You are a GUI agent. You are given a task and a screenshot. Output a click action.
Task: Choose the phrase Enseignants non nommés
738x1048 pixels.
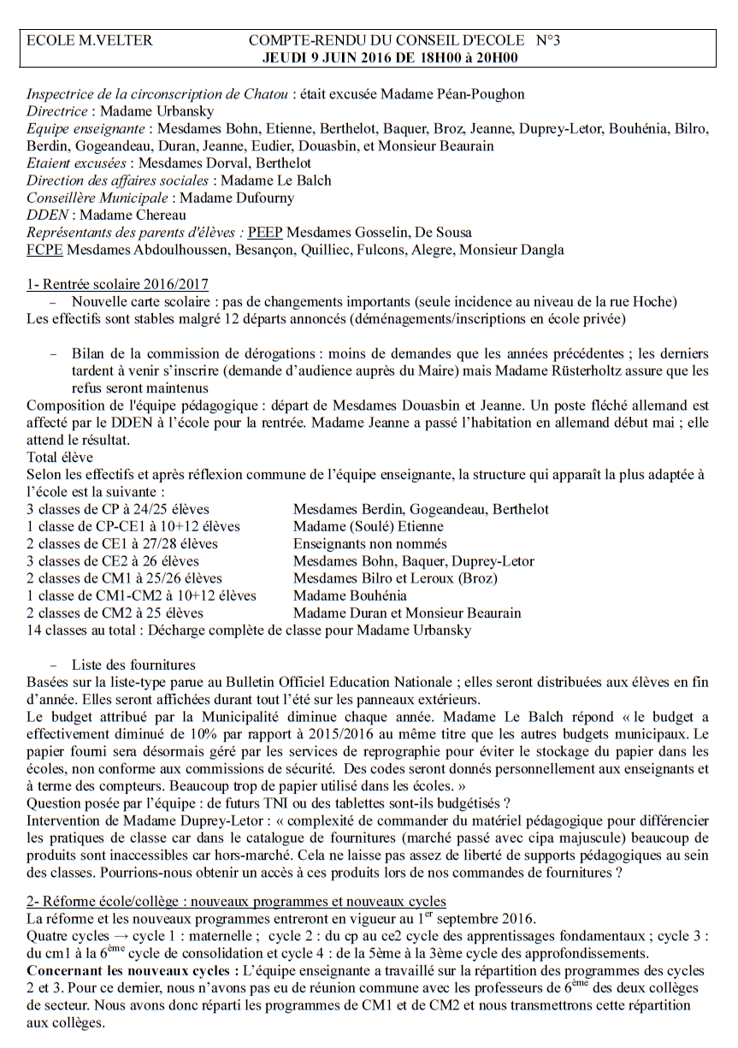[x=369, y=543]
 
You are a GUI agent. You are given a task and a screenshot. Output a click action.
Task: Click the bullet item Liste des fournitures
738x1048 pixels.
[x=133, y=665]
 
